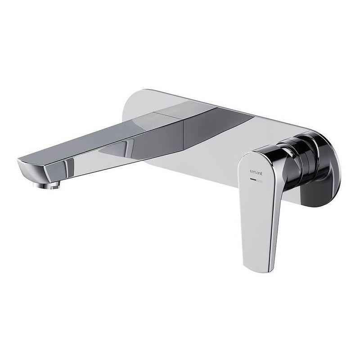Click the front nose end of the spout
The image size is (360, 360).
[x=25, y=162]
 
